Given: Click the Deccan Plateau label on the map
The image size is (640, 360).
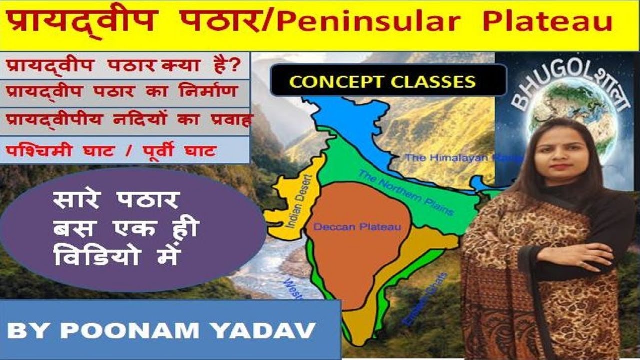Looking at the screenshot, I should pos(357,227).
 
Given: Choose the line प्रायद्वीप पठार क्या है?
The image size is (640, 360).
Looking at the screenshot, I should pos(123,66).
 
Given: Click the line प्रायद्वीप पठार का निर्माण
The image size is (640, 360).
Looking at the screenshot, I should pos(123,93).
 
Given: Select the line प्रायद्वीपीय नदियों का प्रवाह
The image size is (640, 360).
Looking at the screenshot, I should pos(127,121).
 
